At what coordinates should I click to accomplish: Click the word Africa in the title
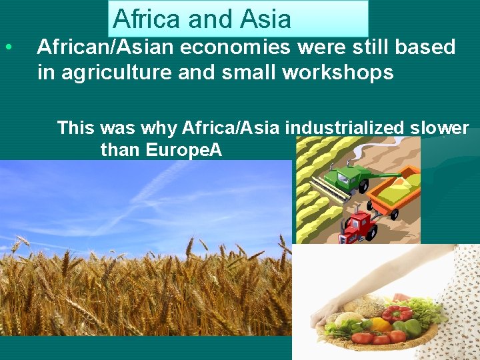click(147, 19)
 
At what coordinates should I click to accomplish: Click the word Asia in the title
click(265, 19)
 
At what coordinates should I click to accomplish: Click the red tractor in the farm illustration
click(357, 225)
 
